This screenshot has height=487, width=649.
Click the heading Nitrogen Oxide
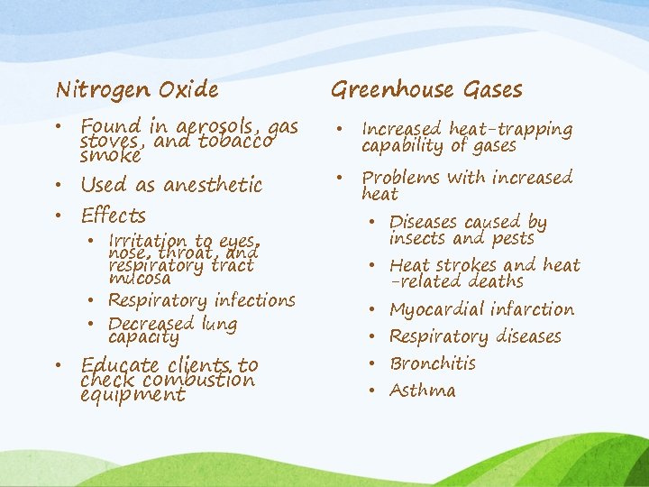point(137,89)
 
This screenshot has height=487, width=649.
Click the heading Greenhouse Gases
point(426,89)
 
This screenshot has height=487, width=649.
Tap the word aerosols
point(219,127)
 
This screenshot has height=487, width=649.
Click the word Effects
point(113,216)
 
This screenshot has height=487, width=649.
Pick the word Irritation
point(148,241)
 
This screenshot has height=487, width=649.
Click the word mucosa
point(139,279)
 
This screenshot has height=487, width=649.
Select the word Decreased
point(151,324)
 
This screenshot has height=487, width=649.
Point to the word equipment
point(132,395)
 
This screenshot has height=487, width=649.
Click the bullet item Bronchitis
point(433,363)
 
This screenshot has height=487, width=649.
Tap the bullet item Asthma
point(423,391)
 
